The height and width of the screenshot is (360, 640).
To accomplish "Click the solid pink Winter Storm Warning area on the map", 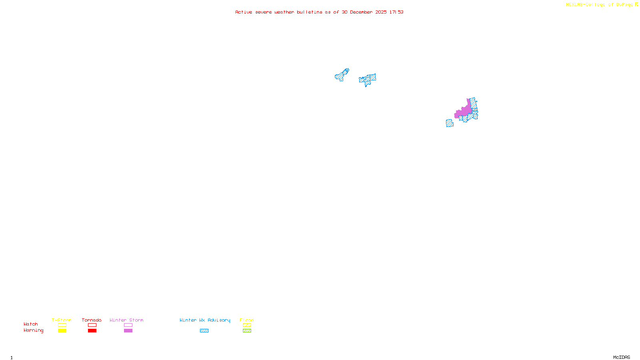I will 464,111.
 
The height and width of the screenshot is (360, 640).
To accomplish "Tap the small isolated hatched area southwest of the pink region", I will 450,123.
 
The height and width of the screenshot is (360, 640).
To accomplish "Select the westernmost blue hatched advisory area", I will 342,75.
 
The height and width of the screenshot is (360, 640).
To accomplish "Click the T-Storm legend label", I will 62,320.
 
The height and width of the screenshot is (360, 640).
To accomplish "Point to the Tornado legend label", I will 92,320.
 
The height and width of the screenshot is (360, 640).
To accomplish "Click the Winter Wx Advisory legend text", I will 205,320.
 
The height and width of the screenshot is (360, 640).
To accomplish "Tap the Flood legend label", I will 247,320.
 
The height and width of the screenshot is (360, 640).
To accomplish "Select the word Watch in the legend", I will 31,324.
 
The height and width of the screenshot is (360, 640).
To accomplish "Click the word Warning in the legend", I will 34,330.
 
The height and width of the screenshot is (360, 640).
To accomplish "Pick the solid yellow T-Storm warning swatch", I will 62,331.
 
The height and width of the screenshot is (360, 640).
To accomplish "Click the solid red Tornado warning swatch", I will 92,331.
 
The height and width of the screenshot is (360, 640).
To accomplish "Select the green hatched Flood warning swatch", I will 247,331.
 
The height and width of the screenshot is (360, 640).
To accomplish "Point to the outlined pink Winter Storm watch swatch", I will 128,325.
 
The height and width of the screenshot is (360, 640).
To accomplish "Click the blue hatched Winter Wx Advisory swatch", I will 204,331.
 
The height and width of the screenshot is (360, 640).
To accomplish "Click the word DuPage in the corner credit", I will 624,4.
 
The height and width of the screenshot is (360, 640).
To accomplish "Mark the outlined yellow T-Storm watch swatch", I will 62,325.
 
